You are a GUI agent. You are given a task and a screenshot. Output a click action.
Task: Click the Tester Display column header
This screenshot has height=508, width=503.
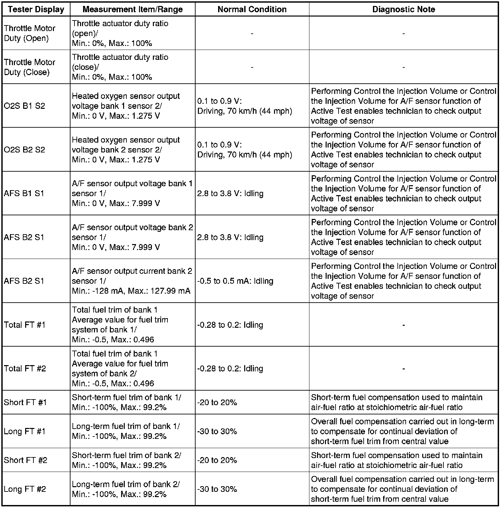coord(36,9)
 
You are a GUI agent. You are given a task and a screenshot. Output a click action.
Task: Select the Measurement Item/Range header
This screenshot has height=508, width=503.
coord(132,9)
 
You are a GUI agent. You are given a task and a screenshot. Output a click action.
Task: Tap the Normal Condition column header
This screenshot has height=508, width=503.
coord(252,9)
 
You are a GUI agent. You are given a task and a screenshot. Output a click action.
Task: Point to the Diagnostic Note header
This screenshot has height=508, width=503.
coord(403,9)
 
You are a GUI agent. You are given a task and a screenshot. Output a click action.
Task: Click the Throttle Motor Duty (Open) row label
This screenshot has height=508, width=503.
coord(29,33)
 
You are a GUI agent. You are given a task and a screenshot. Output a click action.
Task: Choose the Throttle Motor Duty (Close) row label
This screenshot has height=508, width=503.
coord(29,67)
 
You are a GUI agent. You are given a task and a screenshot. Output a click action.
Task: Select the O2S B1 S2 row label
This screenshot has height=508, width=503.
coord(24,106)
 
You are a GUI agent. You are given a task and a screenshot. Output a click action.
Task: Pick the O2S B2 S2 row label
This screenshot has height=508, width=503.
coord(24,150)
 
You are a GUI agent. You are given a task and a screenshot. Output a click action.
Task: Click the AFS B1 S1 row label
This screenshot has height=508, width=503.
coord(24,193)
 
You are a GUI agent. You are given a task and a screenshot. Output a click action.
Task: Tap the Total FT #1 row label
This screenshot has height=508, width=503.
coord(24,325)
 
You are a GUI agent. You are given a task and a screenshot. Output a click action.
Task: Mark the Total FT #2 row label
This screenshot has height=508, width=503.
coord(25,368)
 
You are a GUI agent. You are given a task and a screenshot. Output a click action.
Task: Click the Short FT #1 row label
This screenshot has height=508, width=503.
coord(25,402)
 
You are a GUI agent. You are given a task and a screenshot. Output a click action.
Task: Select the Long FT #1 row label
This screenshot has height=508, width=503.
coord(24,431)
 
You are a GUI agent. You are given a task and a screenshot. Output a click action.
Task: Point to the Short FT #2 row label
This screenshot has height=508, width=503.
coord(25,460)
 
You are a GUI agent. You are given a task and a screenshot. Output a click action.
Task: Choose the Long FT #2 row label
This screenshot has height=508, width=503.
coord(25,489)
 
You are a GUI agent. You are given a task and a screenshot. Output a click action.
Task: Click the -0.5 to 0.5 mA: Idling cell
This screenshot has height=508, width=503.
coord(235,281)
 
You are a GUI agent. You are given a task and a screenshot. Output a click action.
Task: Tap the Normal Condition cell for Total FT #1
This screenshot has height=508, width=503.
coord(230,325)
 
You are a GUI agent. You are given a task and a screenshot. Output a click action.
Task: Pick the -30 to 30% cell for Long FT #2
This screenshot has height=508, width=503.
coord(217,489)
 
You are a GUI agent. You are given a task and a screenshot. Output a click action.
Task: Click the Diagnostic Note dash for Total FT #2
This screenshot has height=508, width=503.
coord(403,368)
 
